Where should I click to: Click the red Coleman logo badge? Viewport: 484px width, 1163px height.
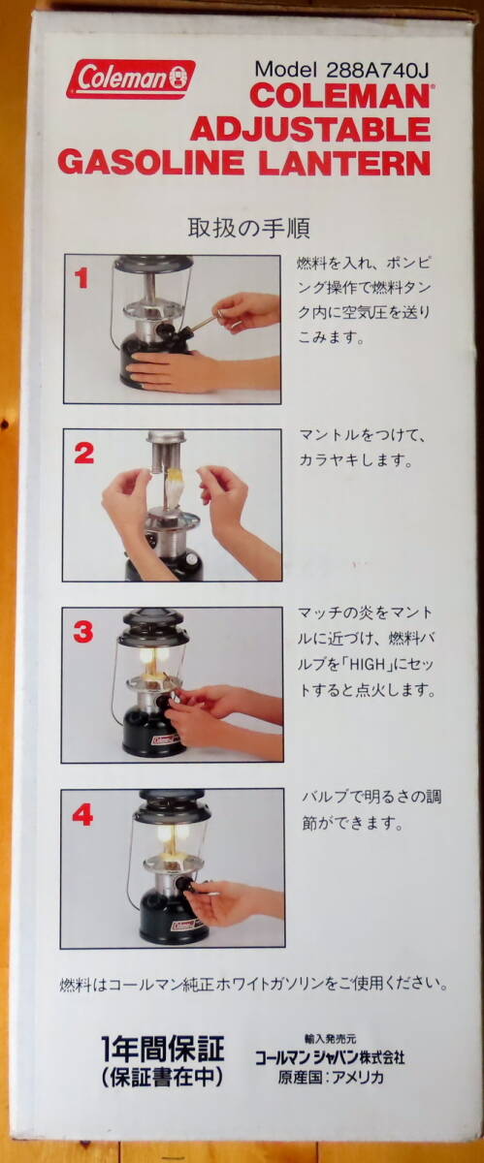coord(131,79)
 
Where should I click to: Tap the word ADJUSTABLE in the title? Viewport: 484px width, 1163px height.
coord(310,129)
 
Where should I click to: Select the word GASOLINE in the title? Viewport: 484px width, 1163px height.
coord(151,163)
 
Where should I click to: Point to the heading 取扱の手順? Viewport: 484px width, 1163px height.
coord(249,228)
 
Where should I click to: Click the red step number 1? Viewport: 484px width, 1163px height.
coord(81,279)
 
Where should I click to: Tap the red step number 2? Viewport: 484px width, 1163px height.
coord(84,454)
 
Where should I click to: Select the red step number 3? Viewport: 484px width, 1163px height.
coord(83,632)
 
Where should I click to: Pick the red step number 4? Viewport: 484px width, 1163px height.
coord(82,816)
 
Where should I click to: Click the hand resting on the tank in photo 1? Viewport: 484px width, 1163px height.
coord(168,370)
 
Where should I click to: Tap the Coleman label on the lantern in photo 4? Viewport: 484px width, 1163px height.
coord(183,926)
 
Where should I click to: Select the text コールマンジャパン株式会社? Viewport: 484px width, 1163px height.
coord(330,1057)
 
